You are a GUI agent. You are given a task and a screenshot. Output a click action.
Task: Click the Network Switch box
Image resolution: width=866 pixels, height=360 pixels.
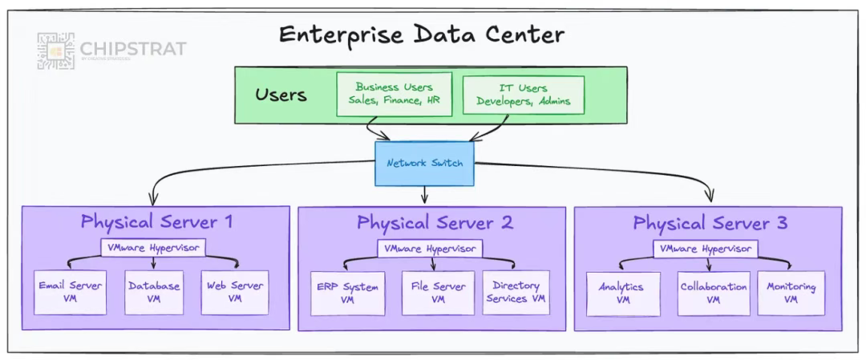pos(424,164)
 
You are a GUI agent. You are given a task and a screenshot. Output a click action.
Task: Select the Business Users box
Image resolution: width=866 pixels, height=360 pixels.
pos(394,94)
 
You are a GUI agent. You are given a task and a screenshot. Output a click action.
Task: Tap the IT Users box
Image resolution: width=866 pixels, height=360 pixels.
pos(523,95)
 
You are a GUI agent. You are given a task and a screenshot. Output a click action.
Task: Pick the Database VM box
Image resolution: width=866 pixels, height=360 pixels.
pos(153,293)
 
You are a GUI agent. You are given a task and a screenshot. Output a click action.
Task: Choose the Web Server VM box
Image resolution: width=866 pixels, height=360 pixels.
pos(234,293)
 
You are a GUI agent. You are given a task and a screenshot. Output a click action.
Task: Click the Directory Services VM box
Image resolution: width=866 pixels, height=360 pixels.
pos(516,293)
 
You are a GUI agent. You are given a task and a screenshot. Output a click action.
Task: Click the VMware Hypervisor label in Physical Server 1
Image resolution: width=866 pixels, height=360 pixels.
pos(152,248)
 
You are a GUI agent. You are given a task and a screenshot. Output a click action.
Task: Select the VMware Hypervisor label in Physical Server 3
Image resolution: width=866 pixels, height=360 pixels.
pos(706,249)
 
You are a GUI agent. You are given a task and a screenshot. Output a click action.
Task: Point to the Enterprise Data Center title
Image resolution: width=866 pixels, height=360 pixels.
pos(421,35)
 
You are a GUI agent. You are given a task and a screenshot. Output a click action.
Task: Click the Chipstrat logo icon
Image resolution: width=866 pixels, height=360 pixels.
pos(55,51)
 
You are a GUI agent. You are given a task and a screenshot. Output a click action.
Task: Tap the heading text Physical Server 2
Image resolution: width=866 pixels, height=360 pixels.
pos(435,223)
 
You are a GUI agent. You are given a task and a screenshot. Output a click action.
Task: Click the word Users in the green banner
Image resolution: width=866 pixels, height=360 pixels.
pos(281,95)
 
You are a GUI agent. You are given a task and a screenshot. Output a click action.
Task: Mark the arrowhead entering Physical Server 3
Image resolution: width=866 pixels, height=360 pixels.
pos(710,197)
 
